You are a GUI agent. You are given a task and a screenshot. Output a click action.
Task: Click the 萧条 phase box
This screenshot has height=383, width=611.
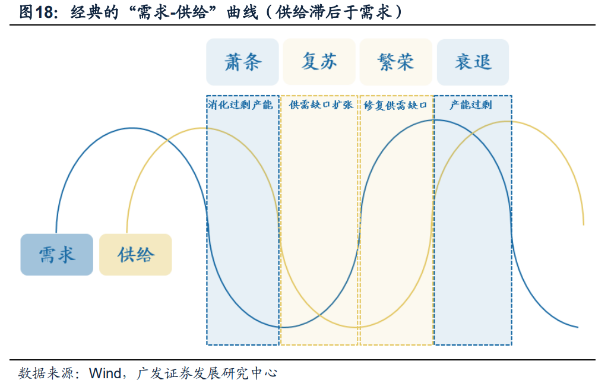pos(242,62)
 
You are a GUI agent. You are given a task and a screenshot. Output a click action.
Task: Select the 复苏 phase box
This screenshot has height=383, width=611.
pos(319,62)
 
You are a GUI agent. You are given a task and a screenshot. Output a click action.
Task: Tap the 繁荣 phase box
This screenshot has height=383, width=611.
pos(395,62)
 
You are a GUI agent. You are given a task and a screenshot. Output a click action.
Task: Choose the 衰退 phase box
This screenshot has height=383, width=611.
pos(473,62)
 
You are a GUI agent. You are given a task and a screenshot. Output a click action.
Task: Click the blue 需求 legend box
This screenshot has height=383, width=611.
pos(56,255)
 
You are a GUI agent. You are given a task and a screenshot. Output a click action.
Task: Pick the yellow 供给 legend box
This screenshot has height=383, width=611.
pos(135,255)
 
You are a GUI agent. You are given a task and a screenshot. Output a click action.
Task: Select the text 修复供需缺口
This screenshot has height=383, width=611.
pos(396,105)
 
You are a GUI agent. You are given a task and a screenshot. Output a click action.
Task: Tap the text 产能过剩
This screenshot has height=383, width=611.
pos(471,105)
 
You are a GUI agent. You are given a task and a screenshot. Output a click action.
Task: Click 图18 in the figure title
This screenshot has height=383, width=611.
pos(36,13)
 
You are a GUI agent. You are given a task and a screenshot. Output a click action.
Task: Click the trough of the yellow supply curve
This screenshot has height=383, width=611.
pos(356,327)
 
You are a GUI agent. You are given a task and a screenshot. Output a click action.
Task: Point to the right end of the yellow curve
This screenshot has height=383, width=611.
pos(584,225)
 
